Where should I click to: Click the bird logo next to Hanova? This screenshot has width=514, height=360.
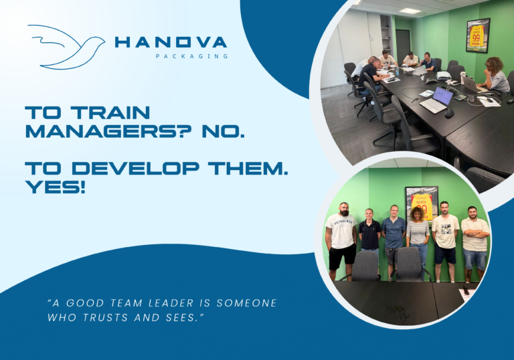(x=66, y=47)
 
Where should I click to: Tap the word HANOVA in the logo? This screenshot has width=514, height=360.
(x=171, y=42)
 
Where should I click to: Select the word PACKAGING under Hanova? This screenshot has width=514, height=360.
(x=192, y=56)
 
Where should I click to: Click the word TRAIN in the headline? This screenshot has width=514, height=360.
(x=111, y=112)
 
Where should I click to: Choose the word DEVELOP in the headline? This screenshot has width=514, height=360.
(x=135, y=168)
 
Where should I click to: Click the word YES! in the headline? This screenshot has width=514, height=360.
(x=56, y=187)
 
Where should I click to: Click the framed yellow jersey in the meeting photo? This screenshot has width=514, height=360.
(x=478, y=35)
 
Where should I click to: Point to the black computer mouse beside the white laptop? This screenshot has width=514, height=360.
(x=450, y=113)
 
